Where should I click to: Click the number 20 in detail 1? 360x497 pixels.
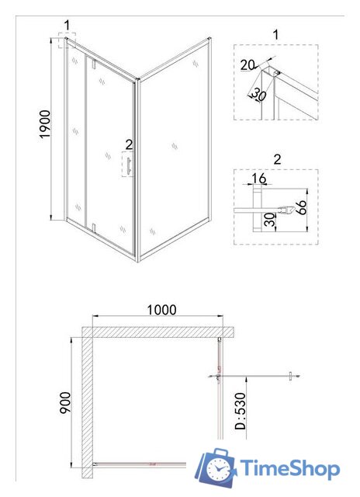click(247, 65)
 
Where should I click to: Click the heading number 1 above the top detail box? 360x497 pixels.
click(275, 34)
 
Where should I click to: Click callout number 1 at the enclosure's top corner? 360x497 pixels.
click(67, 26)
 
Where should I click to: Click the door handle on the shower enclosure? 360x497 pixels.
click(129, 165)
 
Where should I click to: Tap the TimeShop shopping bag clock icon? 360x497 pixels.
click(216, 469)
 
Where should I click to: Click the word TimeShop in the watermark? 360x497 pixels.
click(289, 470)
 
